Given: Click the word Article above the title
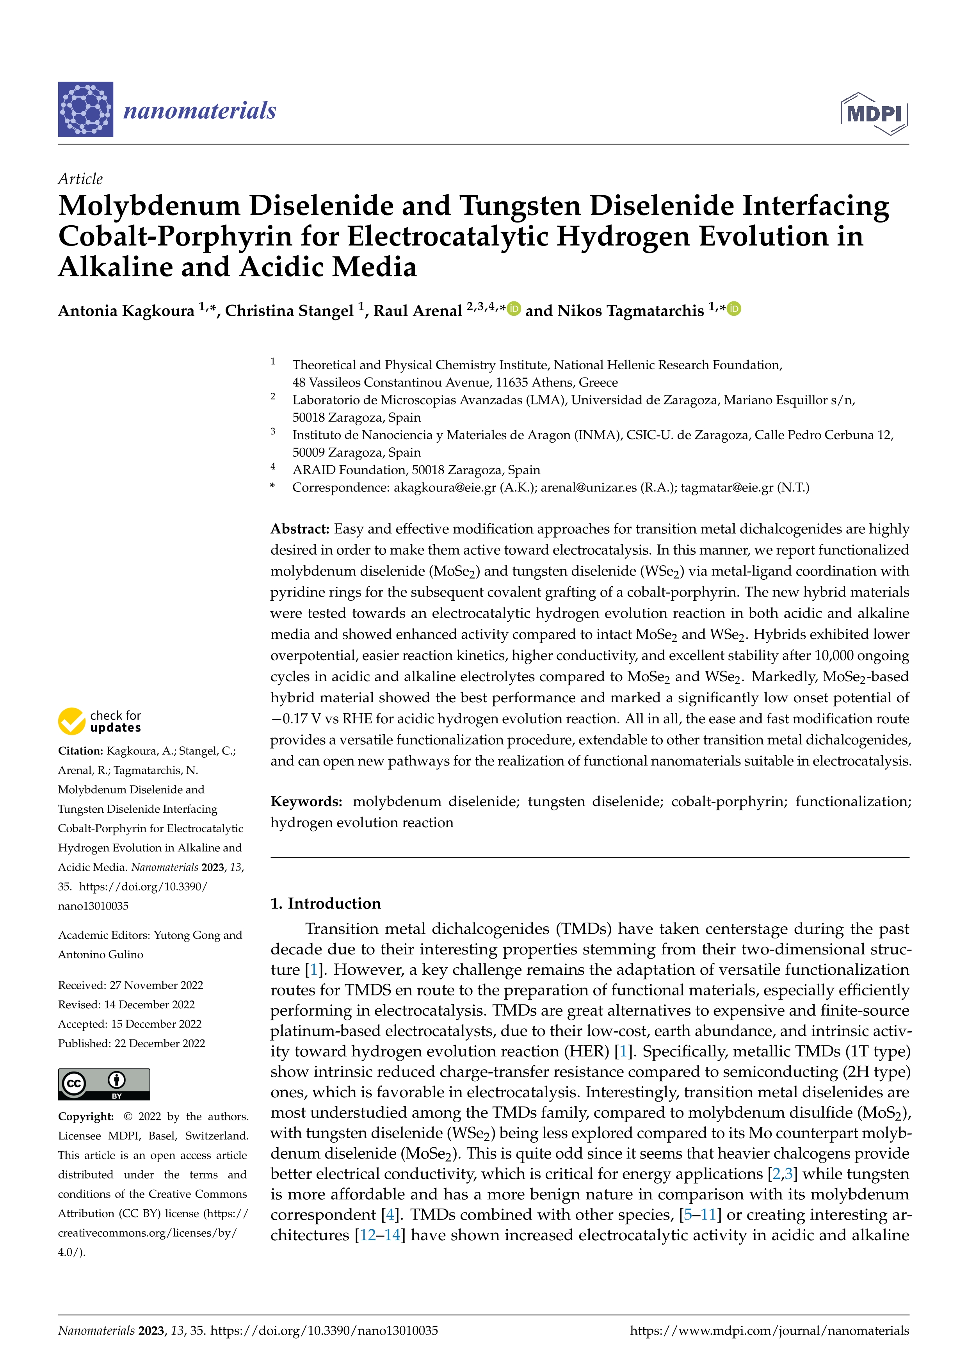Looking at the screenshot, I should tap(80, 179).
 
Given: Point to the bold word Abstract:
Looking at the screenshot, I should tap(300, 529).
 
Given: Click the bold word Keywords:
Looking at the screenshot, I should tap(306, 801).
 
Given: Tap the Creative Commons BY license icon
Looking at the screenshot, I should tap(104, 1084).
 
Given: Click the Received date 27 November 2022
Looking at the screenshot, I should tap(156, 985).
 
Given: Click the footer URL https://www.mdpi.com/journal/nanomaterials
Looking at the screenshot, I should tap(769, 1331).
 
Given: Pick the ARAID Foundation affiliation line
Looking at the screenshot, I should tap(415, 470).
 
